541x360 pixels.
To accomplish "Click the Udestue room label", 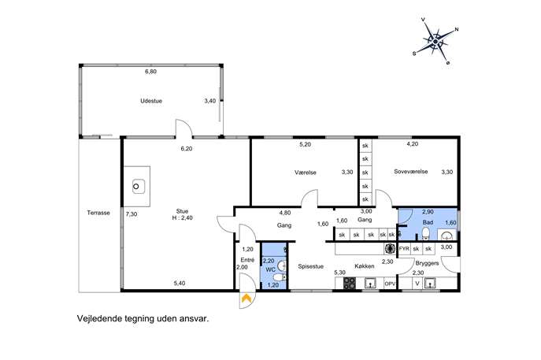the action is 151,101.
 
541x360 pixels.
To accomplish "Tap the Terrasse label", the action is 98,213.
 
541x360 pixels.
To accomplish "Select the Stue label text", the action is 182,211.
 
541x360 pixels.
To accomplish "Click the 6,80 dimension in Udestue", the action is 150,72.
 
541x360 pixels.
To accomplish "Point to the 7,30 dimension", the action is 132,214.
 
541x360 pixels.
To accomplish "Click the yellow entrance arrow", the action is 246,298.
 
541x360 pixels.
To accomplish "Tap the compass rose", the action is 435,42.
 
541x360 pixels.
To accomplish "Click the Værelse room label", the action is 306,173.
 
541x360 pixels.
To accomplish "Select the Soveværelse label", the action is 411,172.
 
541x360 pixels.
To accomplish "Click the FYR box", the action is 404,248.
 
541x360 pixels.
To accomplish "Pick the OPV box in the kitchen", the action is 390,284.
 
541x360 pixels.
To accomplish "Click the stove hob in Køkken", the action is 350,284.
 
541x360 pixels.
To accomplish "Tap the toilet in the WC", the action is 279,277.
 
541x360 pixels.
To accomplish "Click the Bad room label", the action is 428,222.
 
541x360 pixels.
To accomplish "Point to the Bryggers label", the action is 427,263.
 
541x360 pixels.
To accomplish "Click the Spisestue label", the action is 311,266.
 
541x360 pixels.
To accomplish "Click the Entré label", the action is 247,260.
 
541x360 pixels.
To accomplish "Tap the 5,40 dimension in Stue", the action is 180,284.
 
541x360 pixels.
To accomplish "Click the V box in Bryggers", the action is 417,284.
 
